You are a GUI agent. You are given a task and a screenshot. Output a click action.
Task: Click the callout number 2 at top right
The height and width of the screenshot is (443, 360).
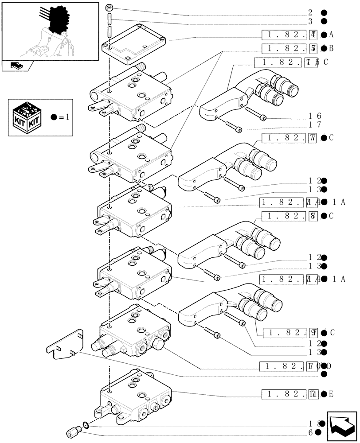tap(311, 12)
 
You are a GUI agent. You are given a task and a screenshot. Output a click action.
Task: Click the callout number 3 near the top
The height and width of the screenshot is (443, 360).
tap(311, 21)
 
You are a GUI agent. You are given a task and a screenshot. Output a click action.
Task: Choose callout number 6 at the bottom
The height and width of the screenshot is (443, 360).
tap(311, 432)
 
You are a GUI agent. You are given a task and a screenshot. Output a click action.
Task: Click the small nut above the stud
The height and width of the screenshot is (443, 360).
tap(110, 8)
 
